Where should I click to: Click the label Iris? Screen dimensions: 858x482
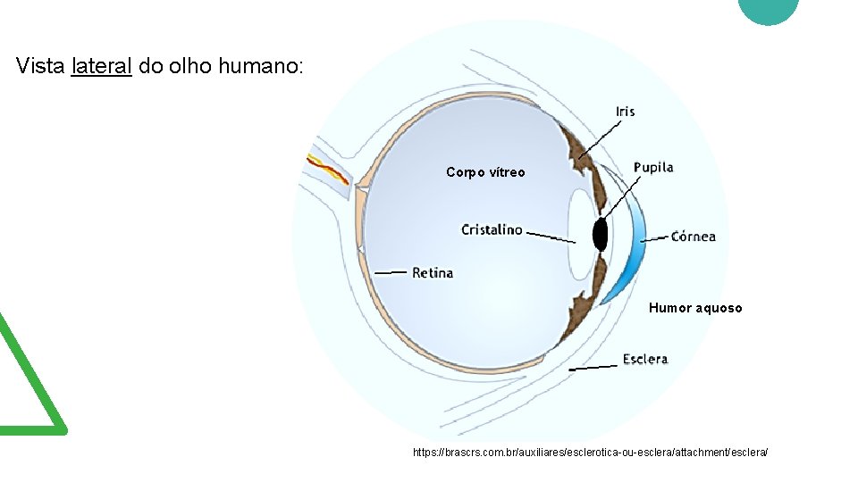(626, 111)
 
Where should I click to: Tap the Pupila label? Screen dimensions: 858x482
(653, 167)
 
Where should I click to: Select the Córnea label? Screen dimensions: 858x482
(693, 237)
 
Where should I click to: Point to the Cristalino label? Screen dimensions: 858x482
(492, 229)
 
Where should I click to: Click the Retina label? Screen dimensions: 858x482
(433, 272)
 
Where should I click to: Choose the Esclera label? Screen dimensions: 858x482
(645, 359)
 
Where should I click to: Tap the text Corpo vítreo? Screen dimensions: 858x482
(485, 172)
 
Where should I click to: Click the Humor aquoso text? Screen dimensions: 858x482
(695, 308)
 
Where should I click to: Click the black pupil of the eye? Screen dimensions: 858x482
(600, 234)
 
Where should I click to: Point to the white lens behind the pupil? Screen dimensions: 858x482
(579, 234)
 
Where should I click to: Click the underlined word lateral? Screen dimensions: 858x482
(101, 66)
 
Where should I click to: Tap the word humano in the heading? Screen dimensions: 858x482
(260, 66)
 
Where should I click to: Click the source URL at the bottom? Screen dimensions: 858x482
(590, 453)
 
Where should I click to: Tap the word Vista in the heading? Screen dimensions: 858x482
(41, 66)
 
